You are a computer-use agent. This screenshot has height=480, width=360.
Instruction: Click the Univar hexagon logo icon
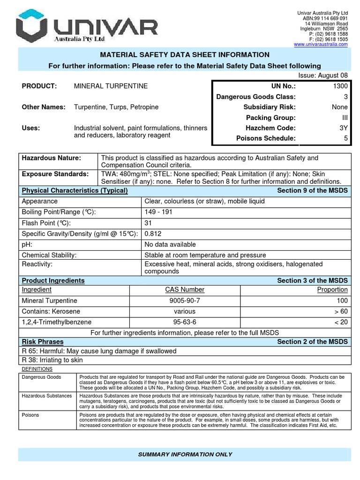click(x=31, y=28)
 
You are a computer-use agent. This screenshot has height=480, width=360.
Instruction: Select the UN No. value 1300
click(x=340, y=86)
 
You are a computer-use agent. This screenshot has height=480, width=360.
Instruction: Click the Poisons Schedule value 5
click(x=345, y=138)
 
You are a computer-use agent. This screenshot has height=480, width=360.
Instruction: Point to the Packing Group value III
click(x=344, y=118)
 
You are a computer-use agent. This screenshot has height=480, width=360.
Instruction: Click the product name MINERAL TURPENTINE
click(x=111, y=86)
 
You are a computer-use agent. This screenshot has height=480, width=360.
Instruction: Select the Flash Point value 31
click(x=149, y=223)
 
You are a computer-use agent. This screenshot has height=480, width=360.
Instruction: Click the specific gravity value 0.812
click(x=153, y=233)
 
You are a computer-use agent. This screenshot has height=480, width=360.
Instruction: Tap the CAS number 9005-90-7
click(x=185, y=300)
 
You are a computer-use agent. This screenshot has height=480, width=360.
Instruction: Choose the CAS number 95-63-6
click(x=185, y=322)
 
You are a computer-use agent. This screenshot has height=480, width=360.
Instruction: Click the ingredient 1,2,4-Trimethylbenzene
click(x=57, y=322)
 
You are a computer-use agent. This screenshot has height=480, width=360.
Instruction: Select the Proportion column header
click(x=332, y=290)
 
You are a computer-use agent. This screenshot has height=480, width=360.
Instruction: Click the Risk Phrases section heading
click(x=43, y=342)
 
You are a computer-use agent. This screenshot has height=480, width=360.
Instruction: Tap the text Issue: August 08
click(x=323, y=75)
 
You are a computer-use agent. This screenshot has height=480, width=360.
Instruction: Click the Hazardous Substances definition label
click(x=47, y=396)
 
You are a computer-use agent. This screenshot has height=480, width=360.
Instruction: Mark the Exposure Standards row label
click(x=55, y=174)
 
